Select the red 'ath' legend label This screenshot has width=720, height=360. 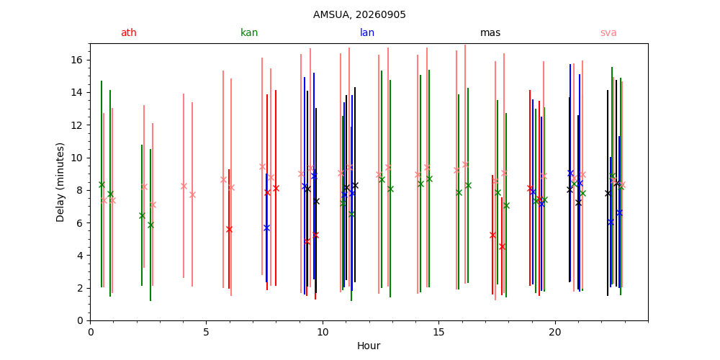[x=129, y=32]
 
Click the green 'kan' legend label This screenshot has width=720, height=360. [x=249, y=32]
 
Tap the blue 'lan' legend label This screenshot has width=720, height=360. [x=367, y=32]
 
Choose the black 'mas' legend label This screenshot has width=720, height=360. [x=490, y=32]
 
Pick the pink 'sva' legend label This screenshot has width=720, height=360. [x=608, y=32]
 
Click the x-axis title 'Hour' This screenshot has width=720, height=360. [x=369, y=346]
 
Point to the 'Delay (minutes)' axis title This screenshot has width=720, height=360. [x=60, y=182]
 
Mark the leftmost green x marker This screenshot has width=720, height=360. [x=102, y=184]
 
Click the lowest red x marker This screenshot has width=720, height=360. [x=502, y=246]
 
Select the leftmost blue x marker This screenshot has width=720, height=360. [x=266, y=228]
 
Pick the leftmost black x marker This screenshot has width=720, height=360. [x=307, y=189]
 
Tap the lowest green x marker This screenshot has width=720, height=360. [x=150, y=225]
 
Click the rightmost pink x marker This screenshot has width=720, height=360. [x=622, y=185]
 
